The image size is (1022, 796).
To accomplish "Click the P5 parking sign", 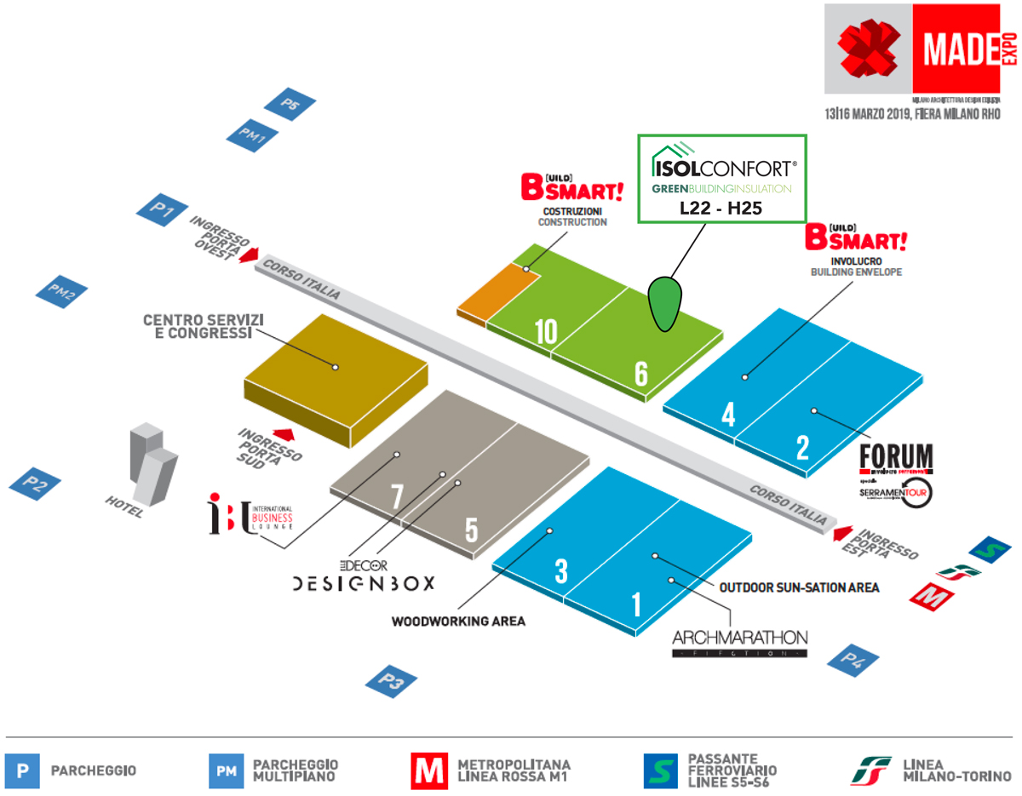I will [290, 106].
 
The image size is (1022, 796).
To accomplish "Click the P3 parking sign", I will [392, 681].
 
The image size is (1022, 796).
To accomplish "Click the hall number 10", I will [546, 332].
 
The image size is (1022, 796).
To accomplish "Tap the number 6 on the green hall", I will [640, 372].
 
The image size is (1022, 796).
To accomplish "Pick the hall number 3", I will [560, 571].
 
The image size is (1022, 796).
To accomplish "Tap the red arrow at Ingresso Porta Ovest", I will [249, 255].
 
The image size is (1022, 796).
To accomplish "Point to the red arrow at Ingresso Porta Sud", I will [282, 434].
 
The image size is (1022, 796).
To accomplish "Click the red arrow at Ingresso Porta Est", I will [842, 533].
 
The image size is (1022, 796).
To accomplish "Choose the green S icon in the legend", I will [661, 771].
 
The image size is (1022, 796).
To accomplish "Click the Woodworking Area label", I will [458, 621].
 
